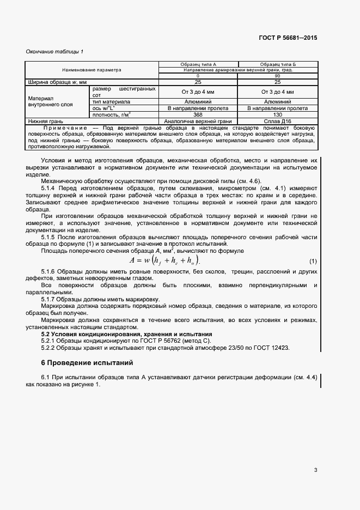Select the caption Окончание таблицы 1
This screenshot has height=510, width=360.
pos(55,51)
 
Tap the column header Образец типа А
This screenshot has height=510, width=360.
pos(198,65)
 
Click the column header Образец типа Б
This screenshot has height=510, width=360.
pos(277,65)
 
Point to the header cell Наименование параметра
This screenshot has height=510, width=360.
pos(91,70)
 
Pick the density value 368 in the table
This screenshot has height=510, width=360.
pos(198,114)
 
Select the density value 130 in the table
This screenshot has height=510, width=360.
pos(277,114)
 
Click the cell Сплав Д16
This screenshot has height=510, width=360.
pos(277,121)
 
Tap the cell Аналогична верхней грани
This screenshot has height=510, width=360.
pos(198,121)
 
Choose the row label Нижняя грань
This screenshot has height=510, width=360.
pos(46,121)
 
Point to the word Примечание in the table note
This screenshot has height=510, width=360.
pos(65,127)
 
